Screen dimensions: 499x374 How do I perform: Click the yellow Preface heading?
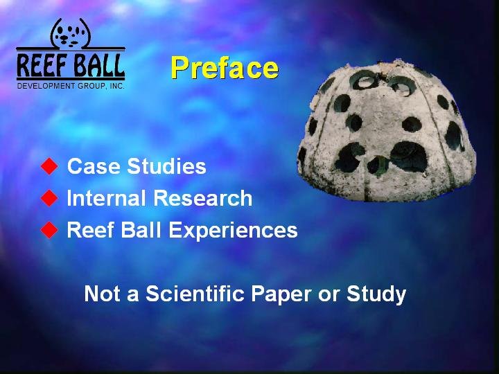coord(225,68)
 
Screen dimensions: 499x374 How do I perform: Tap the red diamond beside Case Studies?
coord(49,166)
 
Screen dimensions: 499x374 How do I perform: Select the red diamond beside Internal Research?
coord(49,198)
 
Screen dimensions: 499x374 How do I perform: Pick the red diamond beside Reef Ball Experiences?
coord(49,230)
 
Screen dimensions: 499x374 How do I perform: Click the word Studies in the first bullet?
coord(166,166)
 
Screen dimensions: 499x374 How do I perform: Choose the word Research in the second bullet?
coord(202,198)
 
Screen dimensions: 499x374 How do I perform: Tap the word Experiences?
coord(233,230)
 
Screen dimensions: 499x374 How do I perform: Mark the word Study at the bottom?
coord(376,294)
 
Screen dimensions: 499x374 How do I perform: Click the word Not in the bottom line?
coord(102,293)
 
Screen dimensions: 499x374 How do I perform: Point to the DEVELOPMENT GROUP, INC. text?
coord(71,86)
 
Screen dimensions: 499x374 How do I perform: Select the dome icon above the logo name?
coord(70,33)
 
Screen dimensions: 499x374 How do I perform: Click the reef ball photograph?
coord(386,130)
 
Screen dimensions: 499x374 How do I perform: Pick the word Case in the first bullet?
coord(94,166)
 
